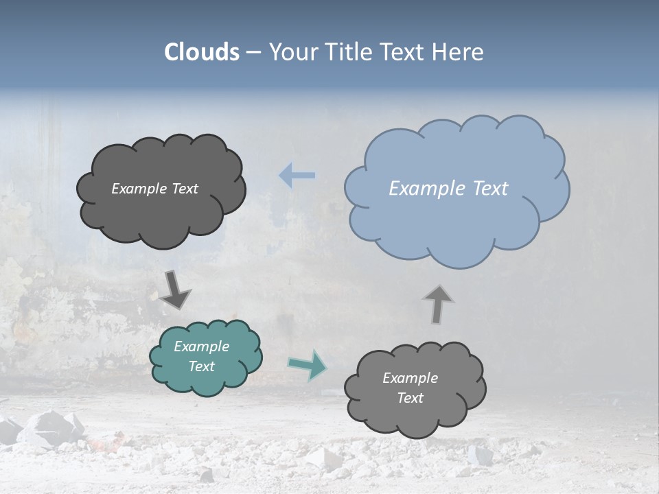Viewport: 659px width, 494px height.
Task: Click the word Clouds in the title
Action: pos(202,52)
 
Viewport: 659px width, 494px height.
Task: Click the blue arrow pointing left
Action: pos(297,176)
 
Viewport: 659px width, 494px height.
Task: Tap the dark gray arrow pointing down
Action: pos(175,290)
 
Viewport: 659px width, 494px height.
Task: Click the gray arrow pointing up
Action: pos(438,304)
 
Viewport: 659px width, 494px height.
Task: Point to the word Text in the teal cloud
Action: pos(202,366)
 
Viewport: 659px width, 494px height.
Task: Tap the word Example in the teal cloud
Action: pos(202,346)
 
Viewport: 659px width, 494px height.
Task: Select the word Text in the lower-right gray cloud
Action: pos(411,398)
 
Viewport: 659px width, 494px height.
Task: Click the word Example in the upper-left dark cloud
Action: pos(139,189)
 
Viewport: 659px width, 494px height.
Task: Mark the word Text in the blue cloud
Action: pos(490,189)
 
